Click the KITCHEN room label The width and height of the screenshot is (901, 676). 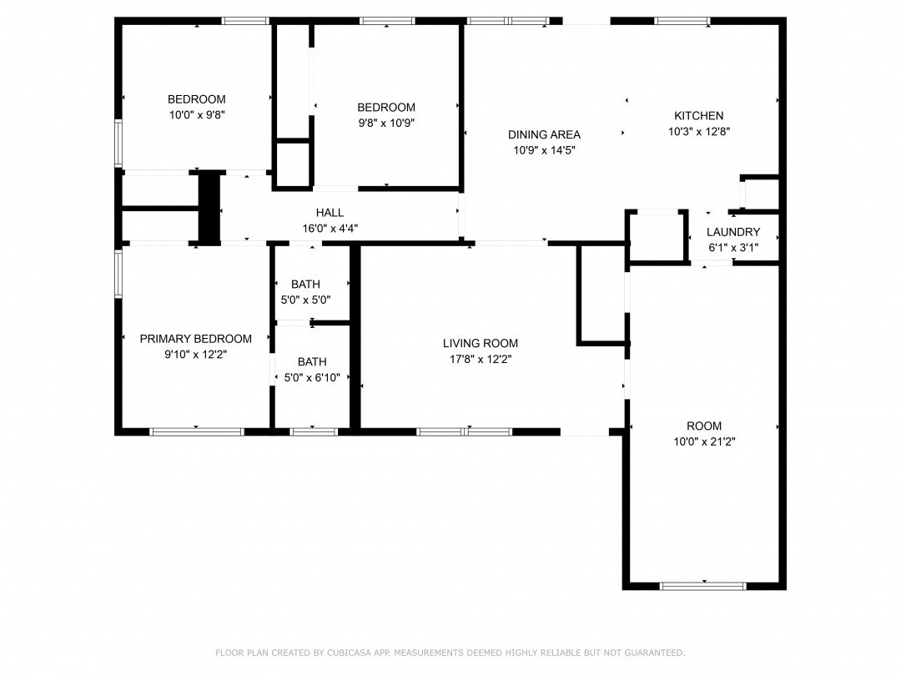(699, 115)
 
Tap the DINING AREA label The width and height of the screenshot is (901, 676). (544, 134)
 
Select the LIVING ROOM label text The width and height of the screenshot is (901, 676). (481, 343)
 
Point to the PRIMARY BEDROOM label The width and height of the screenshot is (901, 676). (196, 339)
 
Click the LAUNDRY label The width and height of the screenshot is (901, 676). (733, 232)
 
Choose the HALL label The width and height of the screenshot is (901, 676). (330, 213)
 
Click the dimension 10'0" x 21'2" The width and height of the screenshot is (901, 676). (704, 441)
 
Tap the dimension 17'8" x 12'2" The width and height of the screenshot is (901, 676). (481, 359)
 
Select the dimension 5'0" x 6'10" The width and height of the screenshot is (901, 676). (312, 378)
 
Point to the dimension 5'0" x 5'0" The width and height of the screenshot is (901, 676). (305, 300)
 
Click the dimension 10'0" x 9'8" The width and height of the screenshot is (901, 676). (197, 114)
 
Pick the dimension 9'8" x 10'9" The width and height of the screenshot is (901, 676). (386, 123)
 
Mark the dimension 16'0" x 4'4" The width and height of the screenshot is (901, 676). (330, 228)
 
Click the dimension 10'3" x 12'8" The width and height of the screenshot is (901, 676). (699, 131)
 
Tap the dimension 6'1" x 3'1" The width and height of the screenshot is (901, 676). (733, 248)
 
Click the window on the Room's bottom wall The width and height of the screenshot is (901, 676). (702, 586)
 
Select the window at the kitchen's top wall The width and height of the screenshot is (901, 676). (682, 21)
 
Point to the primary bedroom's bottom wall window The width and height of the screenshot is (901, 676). (197, 431)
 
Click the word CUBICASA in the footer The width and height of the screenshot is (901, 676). (350, 653)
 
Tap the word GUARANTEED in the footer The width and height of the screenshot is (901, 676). (655, 653)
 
